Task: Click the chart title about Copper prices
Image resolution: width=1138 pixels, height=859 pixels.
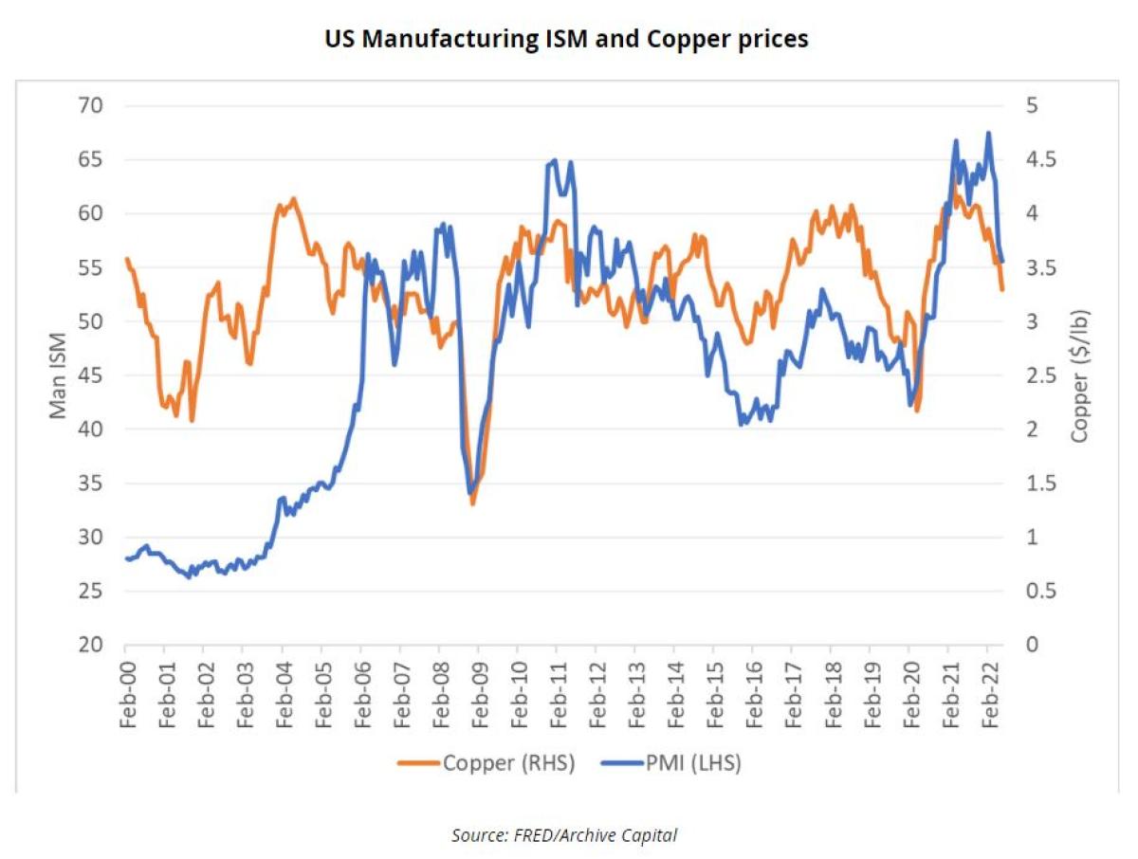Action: click(x=567, y=41)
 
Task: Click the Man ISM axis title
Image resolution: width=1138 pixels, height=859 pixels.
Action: click(x=59, y=375)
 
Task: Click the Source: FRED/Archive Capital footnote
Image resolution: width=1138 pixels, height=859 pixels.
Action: click(x=563, y=835)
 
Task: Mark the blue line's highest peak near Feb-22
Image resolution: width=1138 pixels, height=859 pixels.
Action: click(x=988, y=133)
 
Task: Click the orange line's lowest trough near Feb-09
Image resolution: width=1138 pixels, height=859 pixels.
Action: click(x=472, y=503)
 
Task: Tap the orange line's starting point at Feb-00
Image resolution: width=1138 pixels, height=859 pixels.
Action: click(x=127, y=259)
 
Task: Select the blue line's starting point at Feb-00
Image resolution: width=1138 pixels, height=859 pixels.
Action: click(x=127, y=558)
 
